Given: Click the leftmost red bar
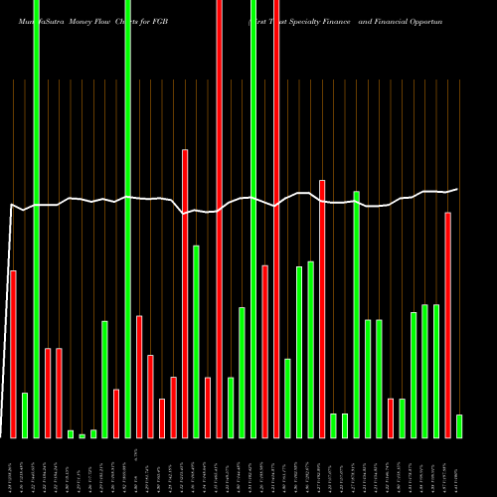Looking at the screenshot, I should click(x=13, y=354).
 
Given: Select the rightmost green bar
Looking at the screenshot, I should click(x=459, y=425).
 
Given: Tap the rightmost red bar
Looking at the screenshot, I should click(x=448, y=324).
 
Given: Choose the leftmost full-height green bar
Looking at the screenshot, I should click(x=36, y=219).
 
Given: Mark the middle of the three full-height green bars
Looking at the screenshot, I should click(x=128, y=219).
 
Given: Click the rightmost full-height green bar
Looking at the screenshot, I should click(x=253, y=219).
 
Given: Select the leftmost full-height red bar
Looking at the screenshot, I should click(x=219, y=219).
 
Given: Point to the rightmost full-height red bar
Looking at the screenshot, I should click(x=276, y=219).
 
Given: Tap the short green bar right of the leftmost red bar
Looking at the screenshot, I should click(x=25, y=415).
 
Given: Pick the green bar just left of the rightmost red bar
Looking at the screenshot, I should click(x=436, y=371).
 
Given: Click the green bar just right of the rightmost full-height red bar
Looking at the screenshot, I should click(x=287, y=398).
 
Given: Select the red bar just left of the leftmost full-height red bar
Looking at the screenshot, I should click(x=208, y=408).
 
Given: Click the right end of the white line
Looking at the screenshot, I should click(x=458, y=189).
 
